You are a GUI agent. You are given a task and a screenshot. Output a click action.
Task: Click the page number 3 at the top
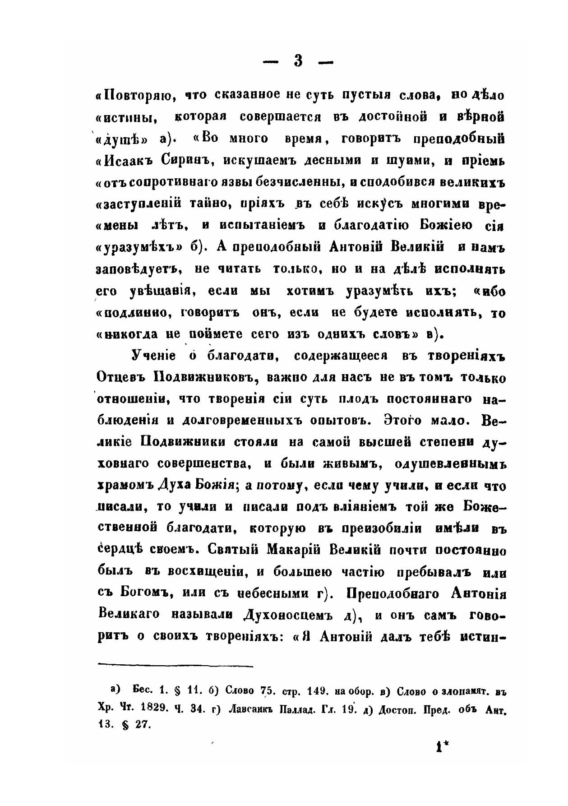298,62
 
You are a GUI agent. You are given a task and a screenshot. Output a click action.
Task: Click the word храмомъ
125,486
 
